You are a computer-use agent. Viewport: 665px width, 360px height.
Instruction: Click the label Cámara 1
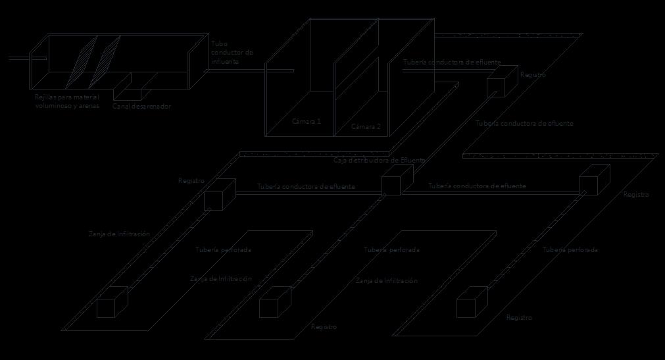(307, 122)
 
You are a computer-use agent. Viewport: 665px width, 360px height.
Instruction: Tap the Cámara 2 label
(366, 127)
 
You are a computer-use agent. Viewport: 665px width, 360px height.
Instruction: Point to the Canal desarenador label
(141, 106)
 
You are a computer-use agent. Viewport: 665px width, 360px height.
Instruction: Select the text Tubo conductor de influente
(232, 53)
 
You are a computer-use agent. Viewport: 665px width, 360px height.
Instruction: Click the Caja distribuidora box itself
(397, 180)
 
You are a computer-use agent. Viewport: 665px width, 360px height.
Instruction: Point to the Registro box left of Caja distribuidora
(219, 194)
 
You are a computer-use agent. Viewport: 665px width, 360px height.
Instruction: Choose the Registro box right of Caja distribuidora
(594, 180)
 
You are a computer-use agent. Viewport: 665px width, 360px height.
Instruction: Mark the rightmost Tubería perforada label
(570, 250)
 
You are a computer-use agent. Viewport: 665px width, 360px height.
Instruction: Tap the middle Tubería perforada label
(391, 250)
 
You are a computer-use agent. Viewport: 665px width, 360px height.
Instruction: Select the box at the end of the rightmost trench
(472, 303)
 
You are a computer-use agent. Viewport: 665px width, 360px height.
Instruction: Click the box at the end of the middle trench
(275, 303)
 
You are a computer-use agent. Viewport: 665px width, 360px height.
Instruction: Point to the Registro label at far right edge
(636, 195)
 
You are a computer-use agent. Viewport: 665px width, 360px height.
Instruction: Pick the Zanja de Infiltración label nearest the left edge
(120, 234)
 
